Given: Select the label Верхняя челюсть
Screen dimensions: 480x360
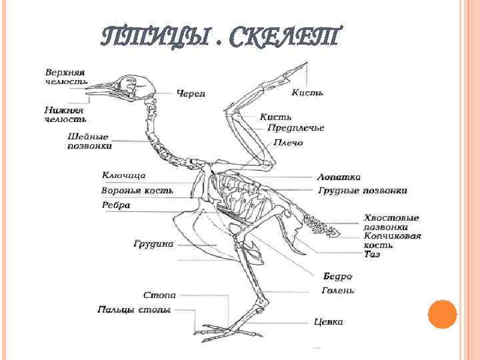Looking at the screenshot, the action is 65,75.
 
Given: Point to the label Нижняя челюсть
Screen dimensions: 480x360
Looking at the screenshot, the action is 65,114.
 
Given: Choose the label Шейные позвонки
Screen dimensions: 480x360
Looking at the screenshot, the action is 89,141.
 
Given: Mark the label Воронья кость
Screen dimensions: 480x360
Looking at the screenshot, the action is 137,191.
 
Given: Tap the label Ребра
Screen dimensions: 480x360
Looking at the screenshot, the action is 115,205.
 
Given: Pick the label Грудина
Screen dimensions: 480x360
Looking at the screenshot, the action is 153,244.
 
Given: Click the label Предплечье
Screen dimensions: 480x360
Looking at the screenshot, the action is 296,128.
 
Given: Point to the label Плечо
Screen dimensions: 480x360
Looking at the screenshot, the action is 287,143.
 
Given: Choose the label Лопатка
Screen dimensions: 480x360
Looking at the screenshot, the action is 339,177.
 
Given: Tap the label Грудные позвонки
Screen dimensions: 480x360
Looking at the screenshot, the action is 362,191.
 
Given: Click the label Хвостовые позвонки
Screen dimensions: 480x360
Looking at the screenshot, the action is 391,223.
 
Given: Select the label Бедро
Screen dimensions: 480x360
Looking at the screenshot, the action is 337,276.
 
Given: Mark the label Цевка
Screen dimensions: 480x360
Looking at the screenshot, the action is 328,322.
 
